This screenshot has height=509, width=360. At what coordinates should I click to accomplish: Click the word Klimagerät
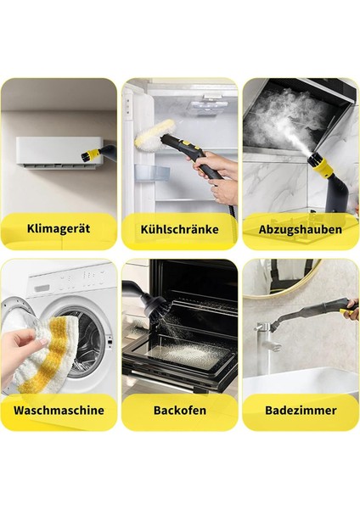point(59,229)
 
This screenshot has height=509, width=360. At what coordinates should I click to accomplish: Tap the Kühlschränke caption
point(180,229)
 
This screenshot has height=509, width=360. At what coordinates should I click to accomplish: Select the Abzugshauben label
point(301,229)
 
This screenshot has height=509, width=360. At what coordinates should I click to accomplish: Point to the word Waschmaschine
point(59,410)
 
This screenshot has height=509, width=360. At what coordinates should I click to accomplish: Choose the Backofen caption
point(180,410)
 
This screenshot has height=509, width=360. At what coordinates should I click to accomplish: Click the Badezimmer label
point(301,410)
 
